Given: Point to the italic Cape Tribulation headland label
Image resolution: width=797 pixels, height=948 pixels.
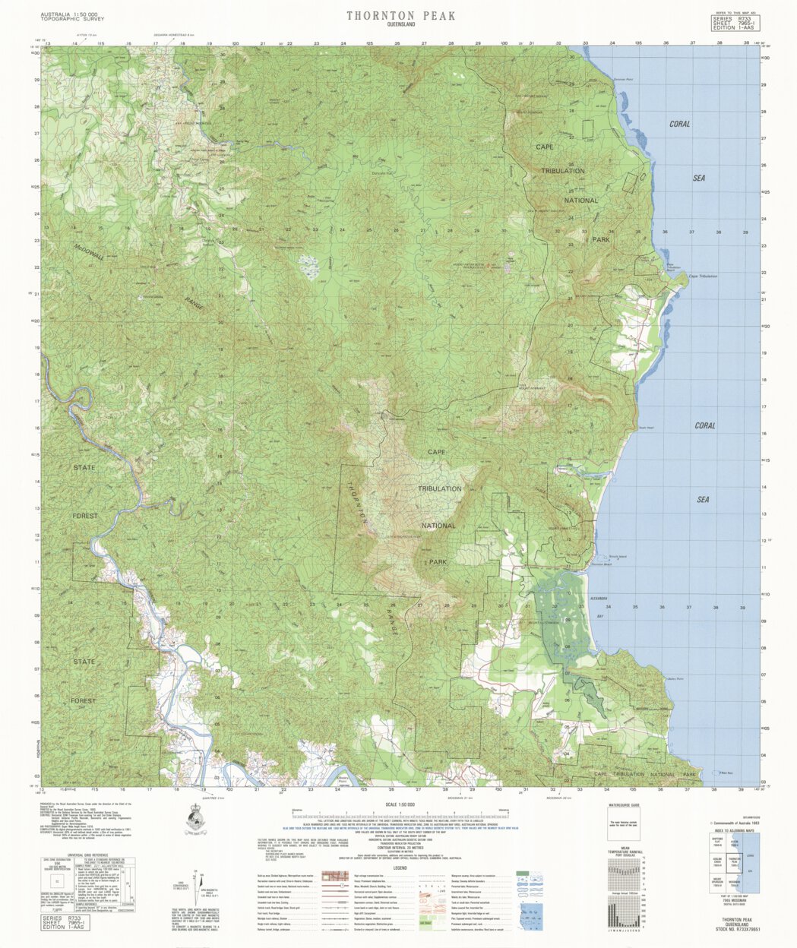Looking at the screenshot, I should [x=703, y=276].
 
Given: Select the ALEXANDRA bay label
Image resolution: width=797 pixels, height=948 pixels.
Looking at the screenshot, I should [x=599, y=599].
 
